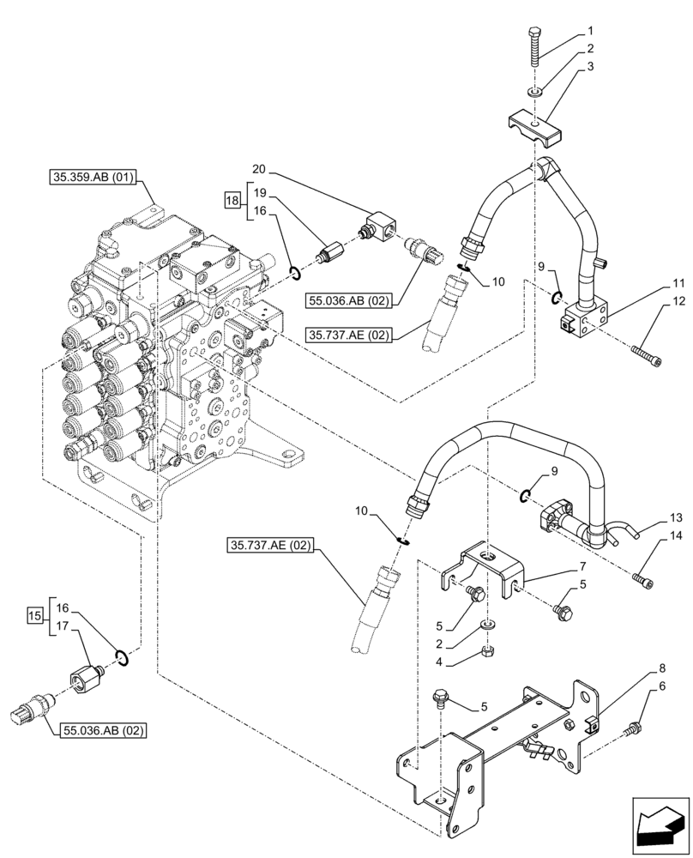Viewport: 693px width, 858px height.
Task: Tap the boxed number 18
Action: pos(232,201)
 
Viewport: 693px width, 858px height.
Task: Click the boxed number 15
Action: pos(34,615)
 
